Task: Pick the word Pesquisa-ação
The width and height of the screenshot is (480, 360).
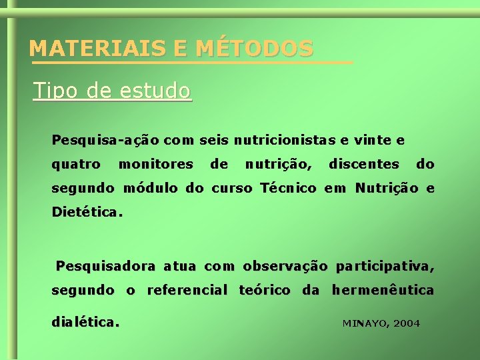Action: pos(105,141)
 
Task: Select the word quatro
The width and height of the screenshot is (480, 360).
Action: pos(76,164)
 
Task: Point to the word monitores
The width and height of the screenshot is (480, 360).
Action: pos(155,164)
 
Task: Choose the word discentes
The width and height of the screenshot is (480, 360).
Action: pos(364,164)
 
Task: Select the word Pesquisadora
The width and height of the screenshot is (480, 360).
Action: pos(106,267)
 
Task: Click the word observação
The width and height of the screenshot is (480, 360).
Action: pos(285,267)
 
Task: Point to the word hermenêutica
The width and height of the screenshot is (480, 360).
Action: pos(383,290)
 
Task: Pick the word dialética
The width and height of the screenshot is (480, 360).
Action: pos(86,322)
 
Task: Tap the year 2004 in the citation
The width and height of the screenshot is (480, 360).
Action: pos(407,323)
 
